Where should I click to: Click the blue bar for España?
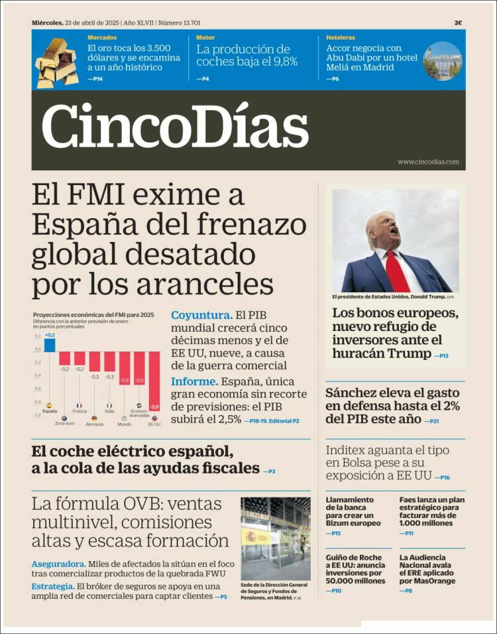pyautogui.click(x=49, y=345)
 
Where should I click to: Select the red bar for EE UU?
pyautogui.click(x=154, y=381)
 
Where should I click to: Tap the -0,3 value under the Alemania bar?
pyautogui.click(x=95, y=377)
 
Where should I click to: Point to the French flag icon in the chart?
pyautogui.click(x=79, y=405)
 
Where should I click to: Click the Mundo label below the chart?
pyautogui.click(x=124, y=424)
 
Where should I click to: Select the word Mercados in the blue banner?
pyautogui.click(x=102, y=38)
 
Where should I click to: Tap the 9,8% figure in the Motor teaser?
pyautogui.click(x=282, y=62)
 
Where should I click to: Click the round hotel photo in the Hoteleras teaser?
pyautogui.click(x=442, y=61)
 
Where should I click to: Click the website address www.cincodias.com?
pyautogui.click(x=428, y=162)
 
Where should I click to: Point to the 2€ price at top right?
pyautogui.click(x=458, y=23)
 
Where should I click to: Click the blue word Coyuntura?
pyautogui.click(x=201, y=316)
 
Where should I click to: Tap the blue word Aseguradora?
pyautogui.click(x=57, y=564)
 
